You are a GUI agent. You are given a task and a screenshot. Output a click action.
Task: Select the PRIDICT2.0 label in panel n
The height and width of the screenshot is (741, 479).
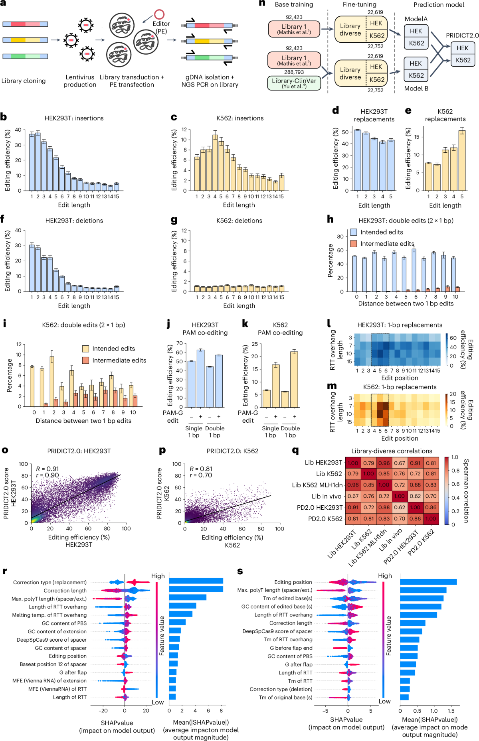(x=462, y=35)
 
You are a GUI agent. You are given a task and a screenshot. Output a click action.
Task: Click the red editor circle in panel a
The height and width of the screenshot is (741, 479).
(x=159, y=15)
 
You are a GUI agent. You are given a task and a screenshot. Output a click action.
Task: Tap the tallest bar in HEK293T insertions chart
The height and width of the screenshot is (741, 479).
(x=38, y=161)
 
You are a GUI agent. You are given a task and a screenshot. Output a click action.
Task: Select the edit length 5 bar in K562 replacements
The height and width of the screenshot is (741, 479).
(x=462, y=160)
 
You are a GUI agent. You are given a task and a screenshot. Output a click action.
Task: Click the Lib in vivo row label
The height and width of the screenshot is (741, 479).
(x=327, y=496)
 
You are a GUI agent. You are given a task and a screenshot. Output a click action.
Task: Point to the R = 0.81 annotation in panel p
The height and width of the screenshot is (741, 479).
(x=201, y=469)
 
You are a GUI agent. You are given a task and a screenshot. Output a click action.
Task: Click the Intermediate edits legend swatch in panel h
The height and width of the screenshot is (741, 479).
(x=354, y=244)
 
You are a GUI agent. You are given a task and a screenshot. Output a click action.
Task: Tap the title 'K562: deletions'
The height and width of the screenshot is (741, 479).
(x=239, y=221)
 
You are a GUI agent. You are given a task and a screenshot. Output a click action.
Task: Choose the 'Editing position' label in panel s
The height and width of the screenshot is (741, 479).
(x=293, y=582)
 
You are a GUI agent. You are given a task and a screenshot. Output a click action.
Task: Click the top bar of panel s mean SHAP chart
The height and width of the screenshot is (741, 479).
(x=428, y=582)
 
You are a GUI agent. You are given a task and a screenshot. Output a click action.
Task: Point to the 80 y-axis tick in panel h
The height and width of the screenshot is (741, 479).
(x=340, y=236)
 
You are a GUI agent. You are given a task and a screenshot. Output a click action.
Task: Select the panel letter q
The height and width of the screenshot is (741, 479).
(x=295, y=451)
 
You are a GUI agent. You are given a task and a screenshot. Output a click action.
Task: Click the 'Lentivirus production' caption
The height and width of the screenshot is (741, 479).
(x=80, y=81)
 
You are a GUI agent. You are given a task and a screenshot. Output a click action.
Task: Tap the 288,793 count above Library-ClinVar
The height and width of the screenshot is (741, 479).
(x=294, y=72)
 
